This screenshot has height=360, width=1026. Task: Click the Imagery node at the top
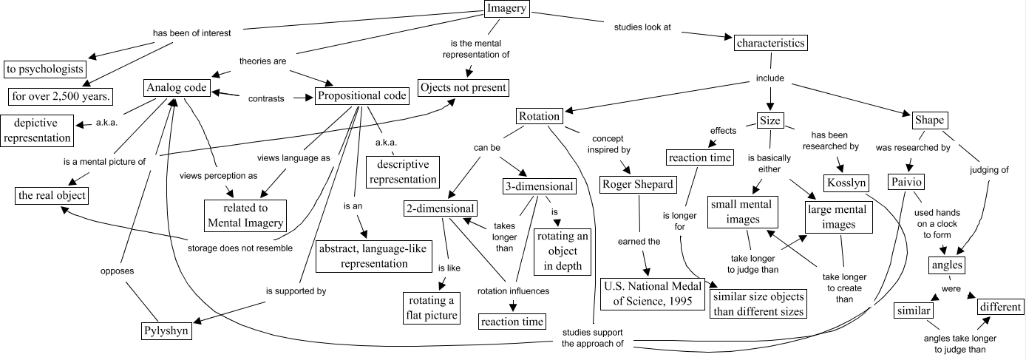pos(507,9)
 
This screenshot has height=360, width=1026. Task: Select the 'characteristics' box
pos(769,43)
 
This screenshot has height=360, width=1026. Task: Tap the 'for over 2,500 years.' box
pos(61,96)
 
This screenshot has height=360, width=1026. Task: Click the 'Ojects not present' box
pos(463,87)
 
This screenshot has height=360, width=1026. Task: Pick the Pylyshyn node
pos(166,331)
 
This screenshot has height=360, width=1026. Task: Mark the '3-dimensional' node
pos(538,186)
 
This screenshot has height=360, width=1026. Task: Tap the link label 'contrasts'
pos(266,98)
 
